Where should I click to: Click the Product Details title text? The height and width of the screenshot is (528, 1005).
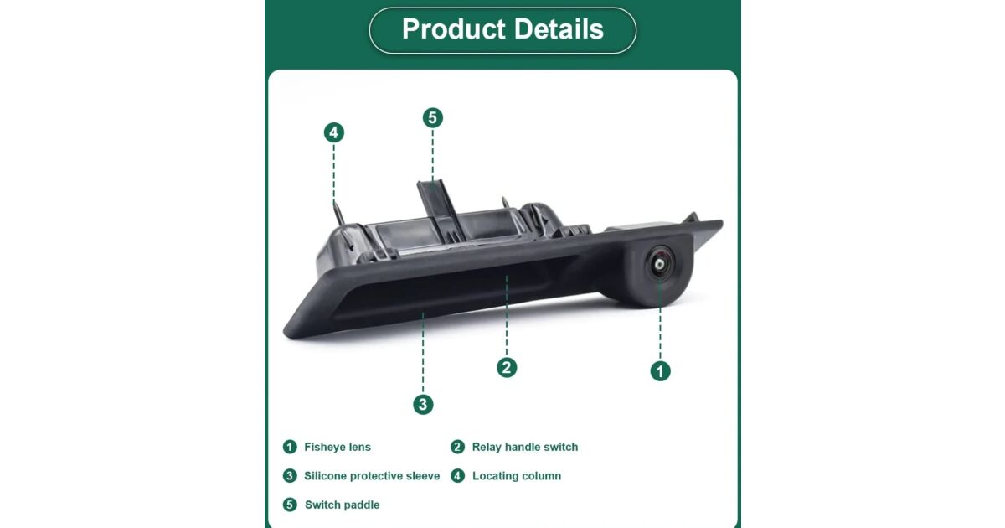502,29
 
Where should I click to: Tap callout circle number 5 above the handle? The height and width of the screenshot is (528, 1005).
432,117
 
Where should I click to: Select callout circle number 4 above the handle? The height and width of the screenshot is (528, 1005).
334,132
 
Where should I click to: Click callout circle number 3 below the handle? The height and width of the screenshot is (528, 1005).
423,405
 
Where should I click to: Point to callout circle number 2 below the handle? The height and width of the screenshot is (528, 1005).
507,368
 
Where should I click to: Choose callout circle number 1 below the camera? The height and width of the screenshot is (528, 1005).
660,371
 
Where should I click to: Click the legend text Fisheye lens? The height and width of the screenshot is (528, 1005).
338,448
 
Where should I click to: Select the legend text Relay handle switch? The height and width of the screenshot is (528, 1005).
525,448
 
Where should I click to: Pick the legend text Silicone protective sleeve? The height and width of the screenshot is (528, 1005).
372,476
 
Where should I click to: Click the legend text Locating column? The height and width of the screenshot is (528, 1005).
517,476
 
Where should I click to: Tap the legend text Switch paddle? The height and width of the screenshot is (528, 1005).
342,505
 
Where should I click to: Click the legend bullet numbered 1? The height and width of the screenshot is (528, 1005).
290,448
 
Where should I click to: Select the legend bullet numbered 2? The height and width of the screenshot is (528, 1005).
457,448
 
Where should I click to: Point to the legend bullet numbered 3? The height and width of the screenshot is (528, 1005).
290,476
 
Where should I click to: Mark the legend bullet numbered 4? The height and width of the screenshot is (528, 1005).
457,476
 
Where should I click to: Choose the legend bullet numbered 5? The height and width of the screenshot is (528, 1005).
290,505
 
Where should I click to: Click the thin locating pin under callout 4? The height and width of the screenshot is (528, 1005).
339,214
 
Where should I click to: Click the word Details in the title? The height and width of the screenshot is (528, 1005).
559,29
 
